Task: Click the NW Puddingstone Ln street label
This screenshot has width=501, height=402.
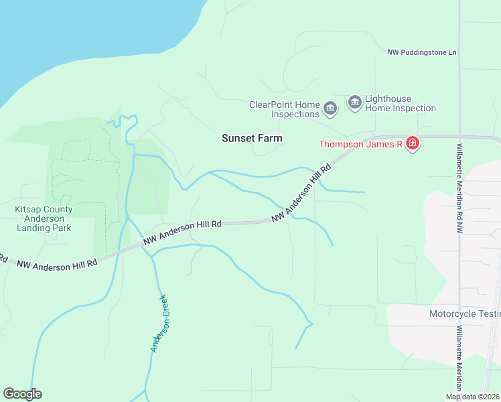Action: (x=421, y=52)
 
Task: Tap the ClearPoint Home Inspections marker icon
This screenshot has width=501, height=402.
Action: (x=330, y=108)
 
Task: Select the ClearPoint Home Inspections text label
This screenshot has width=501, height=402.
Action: (x=284, y=109)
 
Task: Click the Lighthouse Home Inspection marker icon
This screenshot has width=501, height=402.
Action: (x=354, y=103)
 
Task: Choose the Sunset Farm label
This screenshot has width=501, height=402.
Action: (x=252, y=138)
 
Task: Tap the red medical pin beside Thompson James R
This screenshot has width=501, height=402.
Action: (x=413, y=144)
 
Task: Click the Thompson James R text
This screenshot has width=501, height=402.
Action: (x=360, y=144)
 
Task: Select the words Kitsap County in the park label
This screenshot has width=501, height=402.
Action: (x=44, y=210)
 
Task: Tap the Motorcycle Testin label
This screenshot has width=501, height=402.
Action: (x=464, y=314)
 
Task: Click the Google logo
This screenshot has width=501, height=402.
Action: (x=22, y=394)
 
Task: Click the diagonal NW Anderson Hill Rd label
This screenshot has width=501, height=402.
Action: (x=301, y=194)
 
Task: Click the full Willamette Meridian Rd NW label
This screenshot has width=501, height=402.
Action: (x=459, y=188)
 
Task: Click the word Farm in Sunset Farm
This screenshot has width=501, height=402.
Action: (x=270, y=138)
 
